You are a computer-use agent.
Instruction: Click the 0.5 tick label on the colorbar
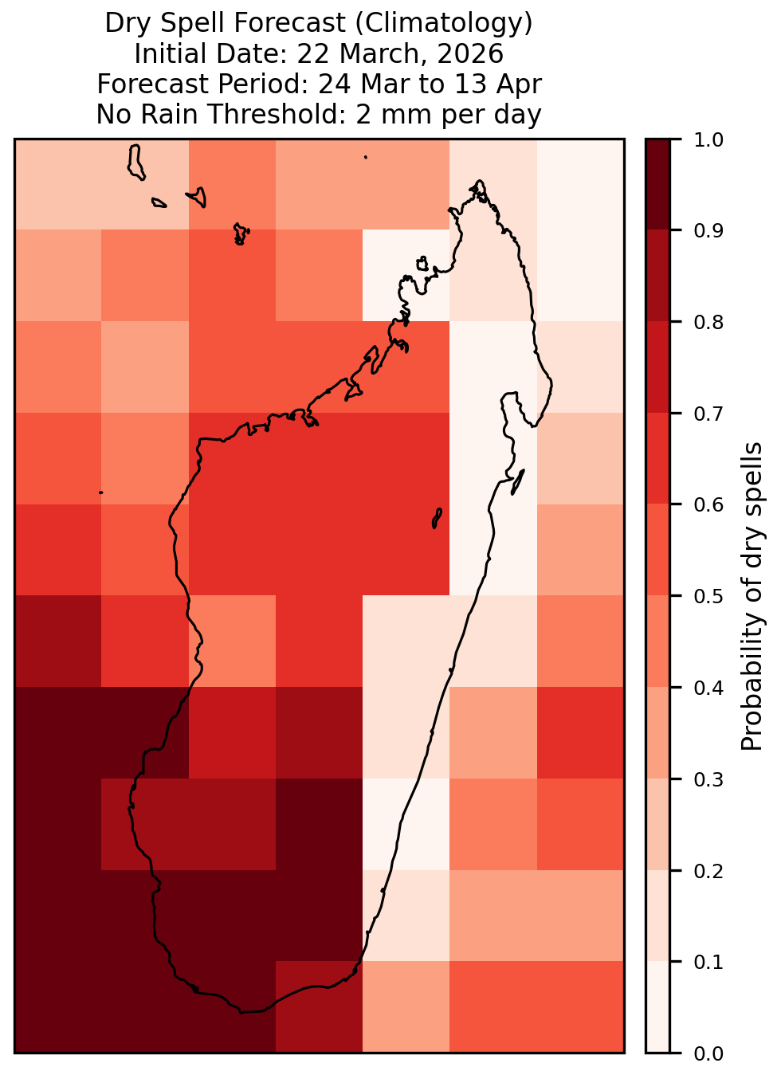pyautogui.click(x=708, y=596)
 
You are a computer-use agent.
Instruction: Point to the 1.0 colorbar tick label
pyautogui.click(x=708, y=140)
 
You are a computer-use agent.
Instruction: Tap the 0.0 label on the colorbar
pyautogui.click(x=708, y=1053)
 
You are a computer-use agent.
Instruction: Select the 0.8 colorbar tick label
pyautogui.click(x=708, y=323)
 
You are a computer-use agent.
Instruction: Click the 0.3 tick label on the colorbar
pyautogui.click(x=708, y=779)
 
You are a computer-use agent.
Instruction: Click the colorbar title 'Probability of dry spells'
pyautogui.click(x=751, y=596)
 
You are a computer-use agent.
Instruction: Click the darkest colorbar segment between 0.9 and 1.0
pyautogui.click(x=657, y=184)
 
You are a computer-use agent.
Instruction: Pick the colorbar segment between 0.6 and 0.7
pyautogui.click(x=657, y=458)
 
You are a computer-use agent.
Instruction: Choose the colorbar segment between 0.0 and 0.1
pyautogui.click(x=657, y=1007)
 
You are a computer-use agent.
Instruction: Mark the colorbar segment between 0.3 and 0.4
pyautogui.click(x=657, y=732)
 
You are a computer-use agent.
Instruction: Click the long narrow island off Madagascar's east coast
pyautogui.click(x=518, y=482)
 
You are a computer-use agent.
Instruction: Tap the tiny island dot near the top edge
pyautogui.click(x=366, y=157)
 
